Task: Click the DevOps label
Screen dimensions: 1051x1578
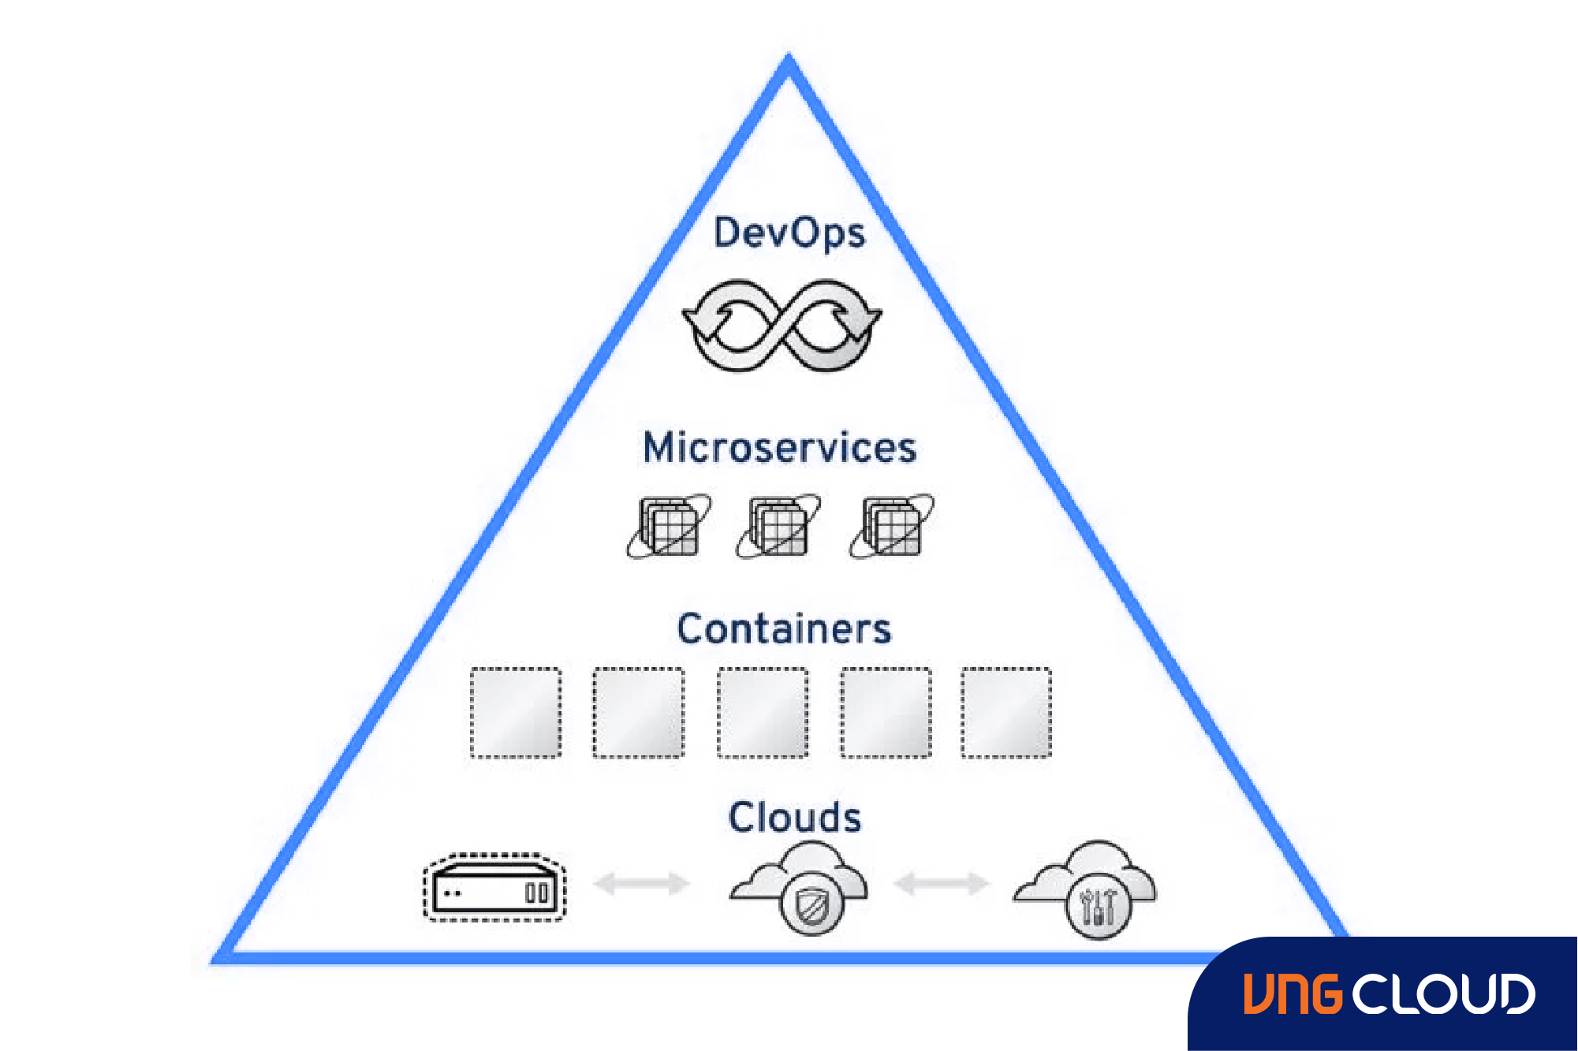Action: (x=789, y=234)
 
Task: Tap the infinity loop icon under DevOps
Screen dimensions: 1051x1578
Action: (x=782, y=325)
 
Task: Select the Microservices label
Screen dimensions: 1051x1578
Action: (x=780, y=448)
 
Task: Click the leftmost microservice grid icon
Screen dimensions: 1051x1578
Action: (x=670, y=526)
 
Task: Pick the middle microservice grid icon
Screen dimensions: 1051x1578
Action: (x=778, y=526)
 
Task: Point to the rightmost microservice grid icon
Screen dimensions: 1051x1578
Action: (x=892, y=526)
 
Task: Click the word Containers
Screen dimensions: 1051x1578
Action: (x=784, y=629)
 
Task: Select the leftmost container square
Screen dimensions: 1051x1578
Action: (x=516, y=713)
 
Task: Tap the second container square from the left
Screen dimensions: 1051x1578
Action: (x=639, y=713)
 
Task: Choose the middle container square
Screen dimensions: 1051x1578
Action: (x=763, y=713)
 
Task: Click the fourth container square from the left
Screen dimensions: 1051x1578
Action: (x=886, y=713)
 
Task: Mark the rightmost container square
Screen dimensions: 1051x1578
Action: (x=1006, y=713)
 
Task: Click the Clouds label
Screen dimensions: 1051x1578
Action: (x=794, y=818)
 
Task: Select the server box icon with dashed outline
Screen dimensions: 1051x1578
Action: (x=494, y=888)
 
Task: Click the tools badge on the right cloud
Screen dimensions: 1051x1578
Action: (x=1098, y=908)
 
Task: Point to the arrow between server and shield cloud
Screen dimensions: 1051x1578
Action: (x=641, y=883)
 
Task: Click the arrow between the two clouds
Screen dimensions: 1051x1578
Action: (x=941, y=883)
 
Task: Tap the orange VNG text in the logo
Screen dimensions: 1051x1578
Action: (x=1293, y=993)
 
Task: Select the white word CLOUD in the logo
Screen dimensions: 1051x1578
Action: (x=1444, y=993)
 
